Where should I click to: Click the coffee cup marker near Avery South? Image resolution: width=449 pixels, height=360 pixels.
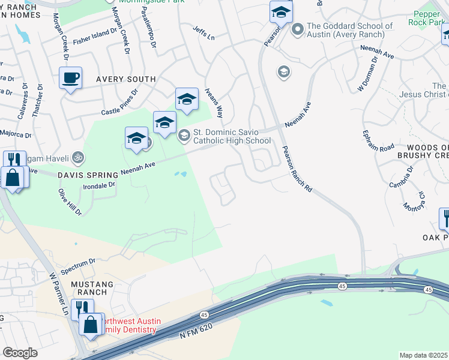71,79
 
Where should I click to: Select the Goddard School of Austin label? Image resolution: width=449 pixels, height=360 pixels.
349,30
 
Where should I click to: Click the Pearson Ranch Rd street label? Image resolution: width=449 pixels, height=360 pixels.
298,169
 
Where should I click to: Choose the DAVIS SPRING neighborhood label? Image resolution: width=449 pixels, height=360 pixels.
88,175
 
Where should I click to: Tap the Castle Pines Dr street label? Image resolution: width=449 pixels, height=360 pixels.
119,103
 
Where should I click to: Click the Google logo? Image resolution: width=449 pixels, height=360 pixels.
20,353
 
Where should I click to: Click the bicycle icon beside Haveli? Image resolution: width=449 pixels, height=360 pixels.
77,158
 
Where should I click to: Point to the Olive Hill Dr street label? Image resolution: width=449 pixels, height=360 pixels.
69,202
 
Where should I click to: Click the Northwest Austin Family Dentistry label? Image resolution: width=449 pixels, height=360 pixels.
129,326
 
